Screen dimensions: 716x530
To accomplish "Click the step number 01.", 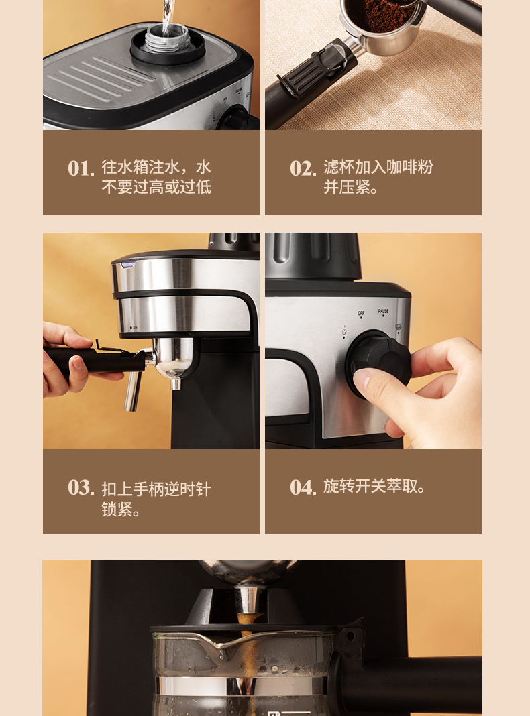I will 80,168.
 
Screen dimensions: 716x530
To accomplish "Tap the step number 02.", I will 303,168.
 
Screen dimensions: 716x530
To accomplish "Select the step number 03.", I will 80,487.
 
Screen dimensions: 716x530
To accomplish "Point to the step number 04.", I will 303,487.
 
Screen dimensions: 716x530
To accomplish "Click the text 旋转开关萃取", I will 374,487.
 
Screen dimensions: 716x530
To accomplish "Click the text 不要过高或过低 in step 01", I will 156,187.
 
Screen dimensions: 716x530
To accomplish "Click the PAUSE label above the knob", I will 383,311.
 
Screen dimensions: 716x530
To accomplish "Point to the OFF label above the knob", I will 361,313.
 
